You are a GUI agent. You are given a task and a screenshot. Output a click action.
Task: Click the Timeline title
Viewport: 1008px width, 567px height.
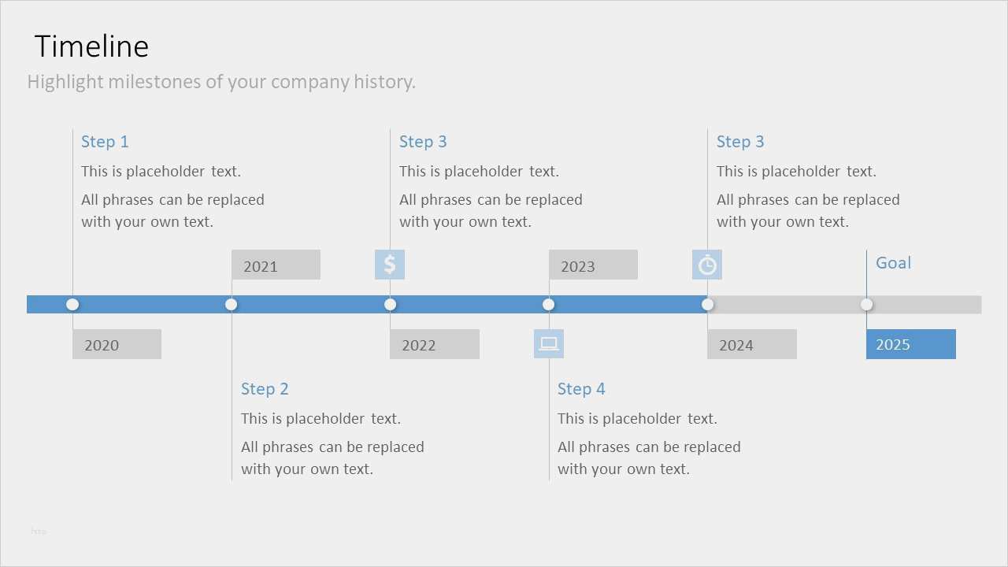coord(91,46)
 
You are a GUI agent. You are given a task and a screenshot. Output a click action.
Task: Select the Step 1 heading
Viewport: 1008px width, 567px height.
coord(105,142)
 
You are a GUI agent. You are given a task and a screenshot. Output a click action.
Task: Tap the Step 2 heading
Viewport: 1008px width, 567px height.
coord(265,389)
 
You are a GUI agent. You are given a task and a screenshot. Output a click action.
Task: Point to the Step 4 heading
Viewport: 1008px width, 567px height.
coord(581,389)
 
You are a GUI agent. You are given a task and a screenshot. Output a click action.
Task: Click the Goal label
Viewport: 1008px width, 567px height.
coord(893,263)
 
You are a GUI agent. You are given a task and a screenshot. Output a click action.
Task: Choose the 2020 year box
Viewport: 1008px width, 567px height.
coord(117,344)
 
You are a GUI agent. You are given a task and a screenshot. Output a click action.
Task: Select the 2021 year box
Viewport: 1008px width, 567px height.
coord(276,265)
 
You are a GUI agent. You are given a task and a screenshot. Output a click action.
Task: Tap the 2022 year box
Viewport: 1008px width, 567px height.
coord(435,344)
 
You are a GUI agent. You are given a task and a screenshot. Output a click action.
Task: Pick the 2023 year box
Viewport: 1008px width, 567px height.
coord(593,265)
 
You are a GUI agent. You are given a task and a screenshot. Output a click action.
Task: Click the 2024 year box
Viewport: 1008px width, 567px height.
coord(752,344)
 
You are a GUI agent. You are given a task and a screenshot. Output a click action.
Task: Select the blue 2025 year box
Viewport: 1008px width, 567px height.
coord(911,344)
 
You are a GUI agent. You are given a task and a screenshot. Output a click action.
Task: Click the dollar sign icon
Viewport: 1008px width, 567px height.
coord(390,265)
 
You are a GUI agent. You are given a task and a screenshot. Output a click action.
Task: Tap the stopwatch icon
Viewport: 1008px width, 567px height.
coord(707,265)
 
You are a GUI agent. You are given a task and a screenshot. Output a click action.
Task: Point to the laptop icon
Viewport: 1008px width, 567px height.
coord(549,344)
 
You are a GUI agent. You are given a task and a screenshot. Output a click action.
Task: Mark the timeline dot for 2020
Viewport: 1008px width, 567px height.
coord(72,305)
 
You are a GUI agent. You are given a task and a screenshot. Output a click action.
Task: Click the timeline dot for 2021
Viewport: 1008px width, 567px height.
coord(232,305)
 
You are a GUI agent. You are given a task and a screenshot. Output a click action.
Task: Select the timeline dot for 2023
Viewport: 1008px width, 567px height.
coord(549,305)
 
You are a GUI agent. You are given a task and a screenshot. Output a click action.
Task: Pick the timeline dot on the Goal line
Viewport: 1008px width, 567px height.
coord(867,305)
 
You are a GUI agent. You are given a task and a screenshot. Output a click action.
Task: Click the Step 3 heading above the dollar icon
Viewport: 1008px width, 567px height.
coord(423,142)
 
